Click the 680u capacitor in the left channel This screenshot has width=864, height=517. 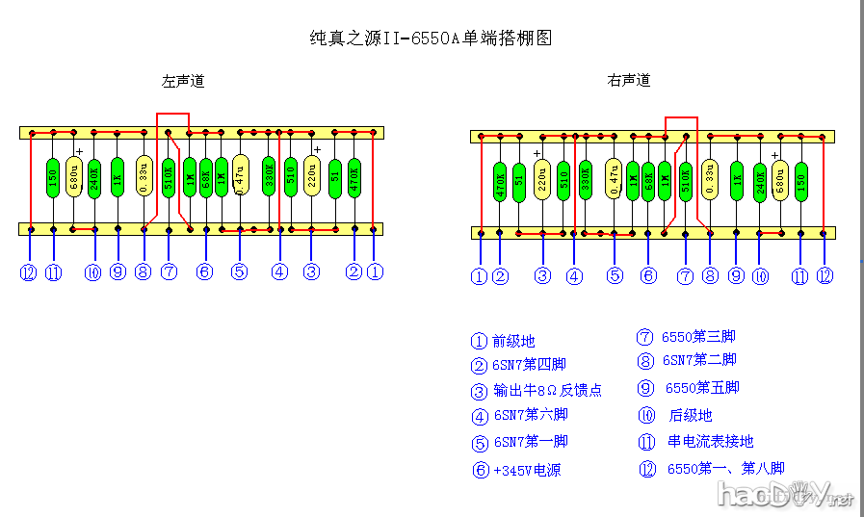click(x=74, y=178)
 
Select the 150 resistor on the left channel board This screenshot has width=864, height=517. click(x=53, y=178)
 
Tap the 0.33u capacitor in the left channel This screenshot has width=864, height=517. click(x=144, y=178)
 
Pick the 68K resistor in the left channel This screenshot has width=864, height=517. click(x=205, y=178)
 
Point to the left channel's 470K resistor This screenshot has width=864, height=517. click(x=354, y=178)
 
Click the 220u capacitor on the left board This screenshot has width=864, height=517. click(x=312, y=178)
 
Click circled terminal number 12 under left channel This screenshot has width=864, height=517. click(x=28, y=272)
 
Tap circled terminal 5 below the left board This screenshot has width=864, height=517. click(x=239, y=272)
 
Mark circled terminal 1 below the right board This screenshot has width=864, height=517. click(x=479, y=276)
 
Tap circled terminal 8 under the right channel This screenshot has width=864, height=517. click(x=711, y=276)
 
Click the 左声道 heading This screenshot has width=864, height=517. click(x=183, y=82)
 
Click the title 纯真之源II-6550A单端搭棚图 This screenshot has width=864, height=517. click(x=431, y=39)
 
